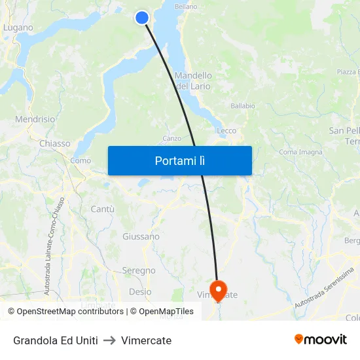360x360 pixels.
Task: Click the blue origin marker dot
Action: (142, 18)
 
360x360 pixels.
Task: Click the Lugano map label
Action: (18, 28)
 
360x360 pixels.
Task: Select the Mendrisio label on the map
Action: (35, 120)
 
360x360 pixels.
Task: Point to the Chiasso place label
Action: (54, 143)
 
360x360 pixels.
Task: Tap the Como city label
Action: (81, 160)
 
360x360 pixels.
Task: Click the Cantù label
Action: (103, 209)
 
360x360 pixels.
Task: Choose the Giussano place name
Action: (141, 236)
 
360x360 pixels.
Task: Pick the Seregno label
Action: (139, 270)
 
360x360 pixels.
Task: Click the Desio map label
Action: (140, 292)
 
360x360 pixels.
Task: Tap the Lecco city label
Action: (226, 131)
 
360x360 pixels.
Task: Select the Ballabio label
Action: (243, 105)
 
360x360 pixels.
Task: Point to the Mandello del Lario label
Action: (193, 81)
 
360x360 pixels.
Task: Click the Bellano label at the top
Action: (186, 7)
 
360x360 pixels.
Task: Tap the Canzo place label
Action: (171, 138)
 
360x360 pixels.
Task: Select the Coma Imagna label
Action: (300, 153)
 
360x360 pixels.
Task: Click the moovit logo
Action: (321, 339)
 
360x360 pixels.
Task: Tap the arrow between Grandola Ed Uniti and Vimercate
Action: (109, 340)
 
